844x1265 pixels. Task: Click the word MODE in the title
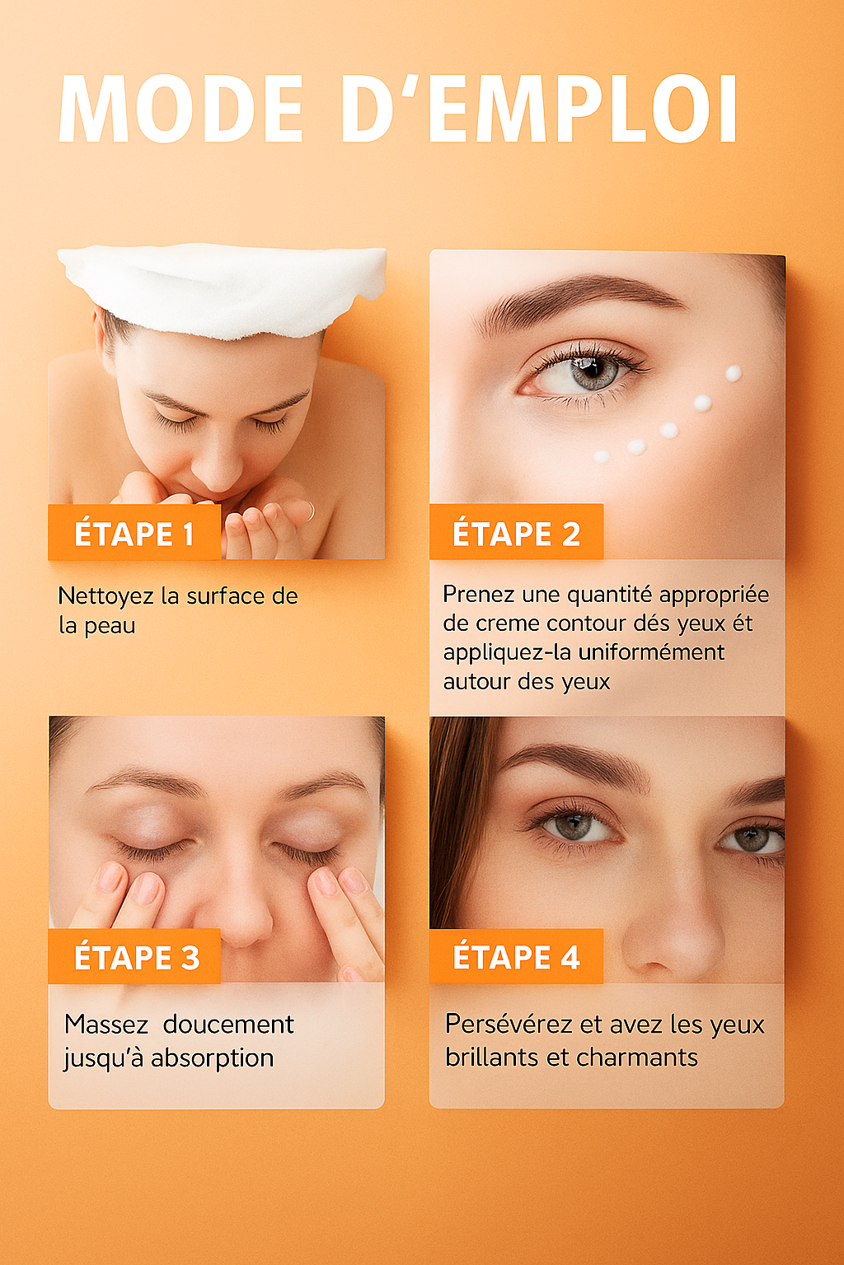click(x=181, y=110)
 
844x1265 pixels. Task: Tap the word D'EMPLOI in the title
click(x=539, y=110)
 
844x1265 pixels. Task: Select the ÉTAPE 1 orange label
click(x=134, y=534)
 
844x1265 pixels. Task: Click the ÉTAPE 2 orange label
click(x=517, y=534)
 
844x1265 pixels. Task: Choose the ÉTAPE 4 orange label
click(x=517, y=957)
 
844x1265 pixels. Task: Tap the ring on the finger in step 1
click(x=309, y=511)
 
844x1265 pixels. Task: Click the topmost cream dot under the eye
click(x=733, y=374)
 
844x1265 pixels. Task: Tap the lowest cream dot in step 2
click(x=602, y=456)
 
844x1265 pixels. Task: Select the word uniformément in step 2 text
click(x=651, y=652)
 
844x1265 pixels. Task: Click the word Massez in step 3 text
click(x=106, y=1025)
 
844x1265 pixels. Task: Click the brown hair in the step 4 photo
click(x=457, y=815)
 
